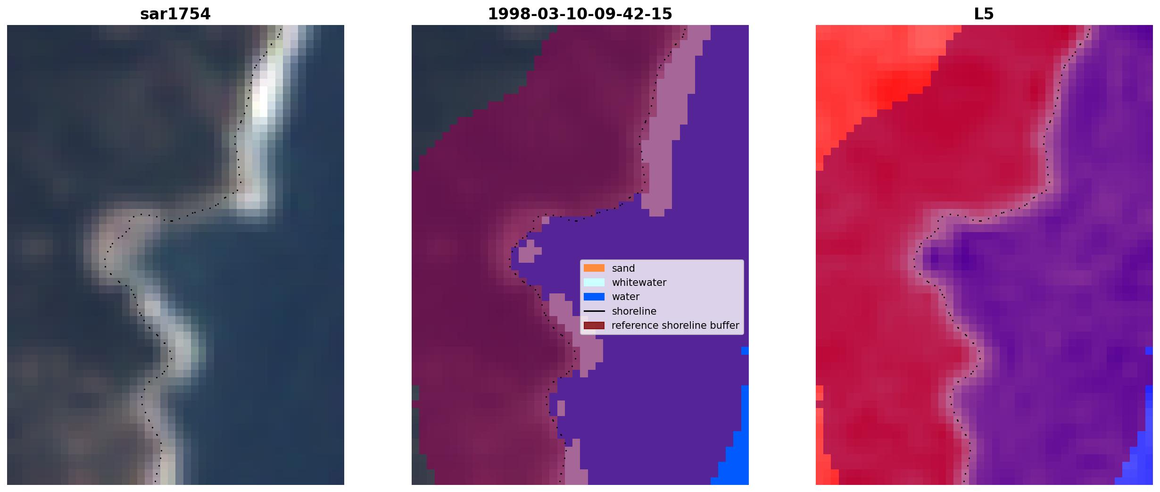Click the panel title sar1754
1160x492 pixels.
175,14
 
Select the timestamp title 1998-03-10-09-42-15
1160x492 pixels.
580,14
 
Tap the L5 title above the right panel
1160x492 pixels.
984,14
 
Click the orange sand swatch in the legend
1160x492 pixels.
594,268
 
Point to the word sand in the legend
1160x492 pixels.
623,268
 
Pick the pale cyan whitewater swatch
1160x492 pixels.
594,282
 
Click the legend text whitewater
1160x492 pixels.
639,283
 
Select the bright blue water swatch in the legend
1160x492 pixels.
594,297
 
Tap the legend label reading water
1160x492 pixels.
626,297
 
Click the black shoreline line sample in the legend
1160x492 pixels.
594,311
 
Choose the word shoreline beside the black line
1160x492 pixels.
634,311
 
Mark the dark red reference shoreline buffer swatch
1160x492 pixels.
594,325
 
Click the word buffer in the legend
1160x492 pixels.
724,325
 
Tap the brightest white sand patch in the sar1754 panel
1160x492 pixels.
260,101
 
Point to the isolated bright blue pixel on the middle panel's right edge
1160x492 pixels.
745,350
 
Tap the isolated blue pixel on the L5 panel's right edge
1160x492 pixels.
1149,350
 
